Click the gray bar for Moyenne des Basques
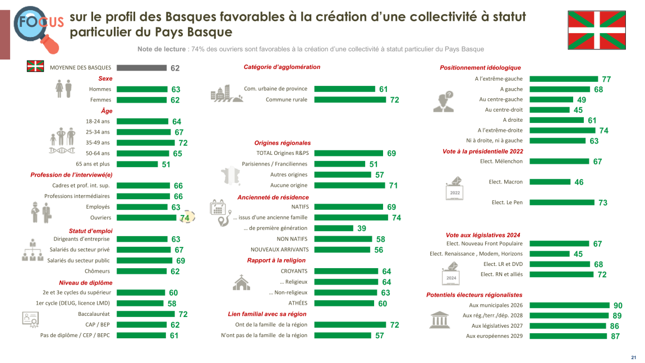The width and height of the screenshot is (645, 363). (x=141, y=68)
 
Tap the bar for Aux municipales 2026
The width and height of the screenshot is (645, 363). (x=569, y=305)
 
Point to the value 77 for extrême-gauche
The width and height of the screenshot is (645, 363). (x=606, y=79)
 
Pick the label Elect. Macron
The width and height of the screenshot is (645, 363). (x=505, y=182)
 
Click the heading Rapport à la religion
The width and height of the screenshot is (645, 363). (x=276, y=260)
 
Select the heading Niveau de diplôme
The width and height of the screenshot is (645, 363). (x=86, y=283)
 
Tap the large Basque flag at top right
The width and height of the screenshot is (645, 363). (x=596, y=30)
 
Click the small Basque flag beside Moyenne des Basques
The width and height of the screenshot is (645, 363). (x=35, y=67)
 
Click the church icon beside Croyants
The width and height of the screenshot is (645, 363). (x=241, y=283)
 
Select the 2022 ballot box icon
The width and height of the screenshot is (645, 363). (x=454, y=189)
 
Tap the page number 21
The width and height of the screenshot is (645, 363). (x=634, y=357)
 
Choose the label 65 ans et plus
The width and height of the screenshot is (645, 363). (x=93, y=164)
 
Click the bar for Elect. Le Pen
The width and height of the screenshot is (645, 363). (x=561, y=203)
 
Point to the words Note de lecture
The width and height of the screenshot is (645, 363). (x=162, y=49)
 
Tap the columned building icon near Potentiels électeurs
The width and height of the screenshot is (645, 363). (x=439, y=320)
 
